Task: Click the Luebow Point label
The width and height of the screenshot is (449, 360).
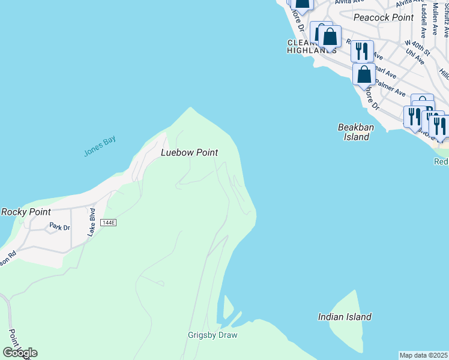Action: [189, 153]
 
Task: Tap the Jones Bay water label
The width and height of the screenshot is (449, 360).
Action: [100, 147]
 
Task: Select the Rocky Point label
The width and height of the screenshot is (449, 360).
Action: [26, 212]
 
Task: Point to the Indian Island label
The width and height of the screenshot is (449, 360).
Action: [345, 317]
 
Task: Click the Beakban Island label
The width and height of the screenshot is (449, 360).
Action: [354, 132]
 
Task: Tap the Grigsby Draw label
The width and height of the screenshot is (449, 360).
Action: [212, 335]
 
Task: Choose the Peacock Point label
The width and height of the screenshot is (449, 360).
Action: [384, 17]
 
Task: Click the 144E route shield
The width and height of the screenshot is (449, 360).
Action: [108, 223]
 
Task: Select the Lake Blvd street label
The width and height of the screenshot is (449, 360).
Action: [91, 222]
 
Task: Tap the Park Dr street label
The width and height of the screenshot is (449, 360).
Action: [59, 227]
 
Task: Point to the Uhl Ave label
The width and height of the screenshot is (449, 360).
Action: [415, 56]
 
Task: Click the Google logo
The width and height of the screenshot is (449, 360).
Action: [20, 352]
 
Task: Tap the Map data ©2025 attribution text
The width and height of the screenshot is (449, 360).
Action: [424, 355]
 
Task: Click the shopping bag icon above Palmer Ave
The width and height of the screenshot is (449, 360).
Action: [364, 75]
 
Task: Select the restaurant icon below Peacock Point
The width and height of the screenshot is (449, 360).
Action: [362, 51]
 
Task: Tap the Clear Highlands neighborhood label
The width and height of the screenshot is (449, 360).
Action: [311, 47]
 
